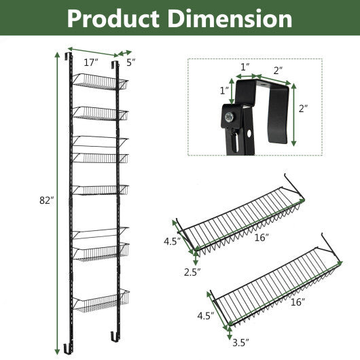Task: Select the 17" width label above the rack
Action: point(90,62)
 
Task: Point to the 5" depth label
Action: point(130,62)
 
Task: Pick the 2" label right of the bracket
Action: point(303,108)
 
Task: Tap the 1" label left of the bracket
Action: point(223,91)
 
